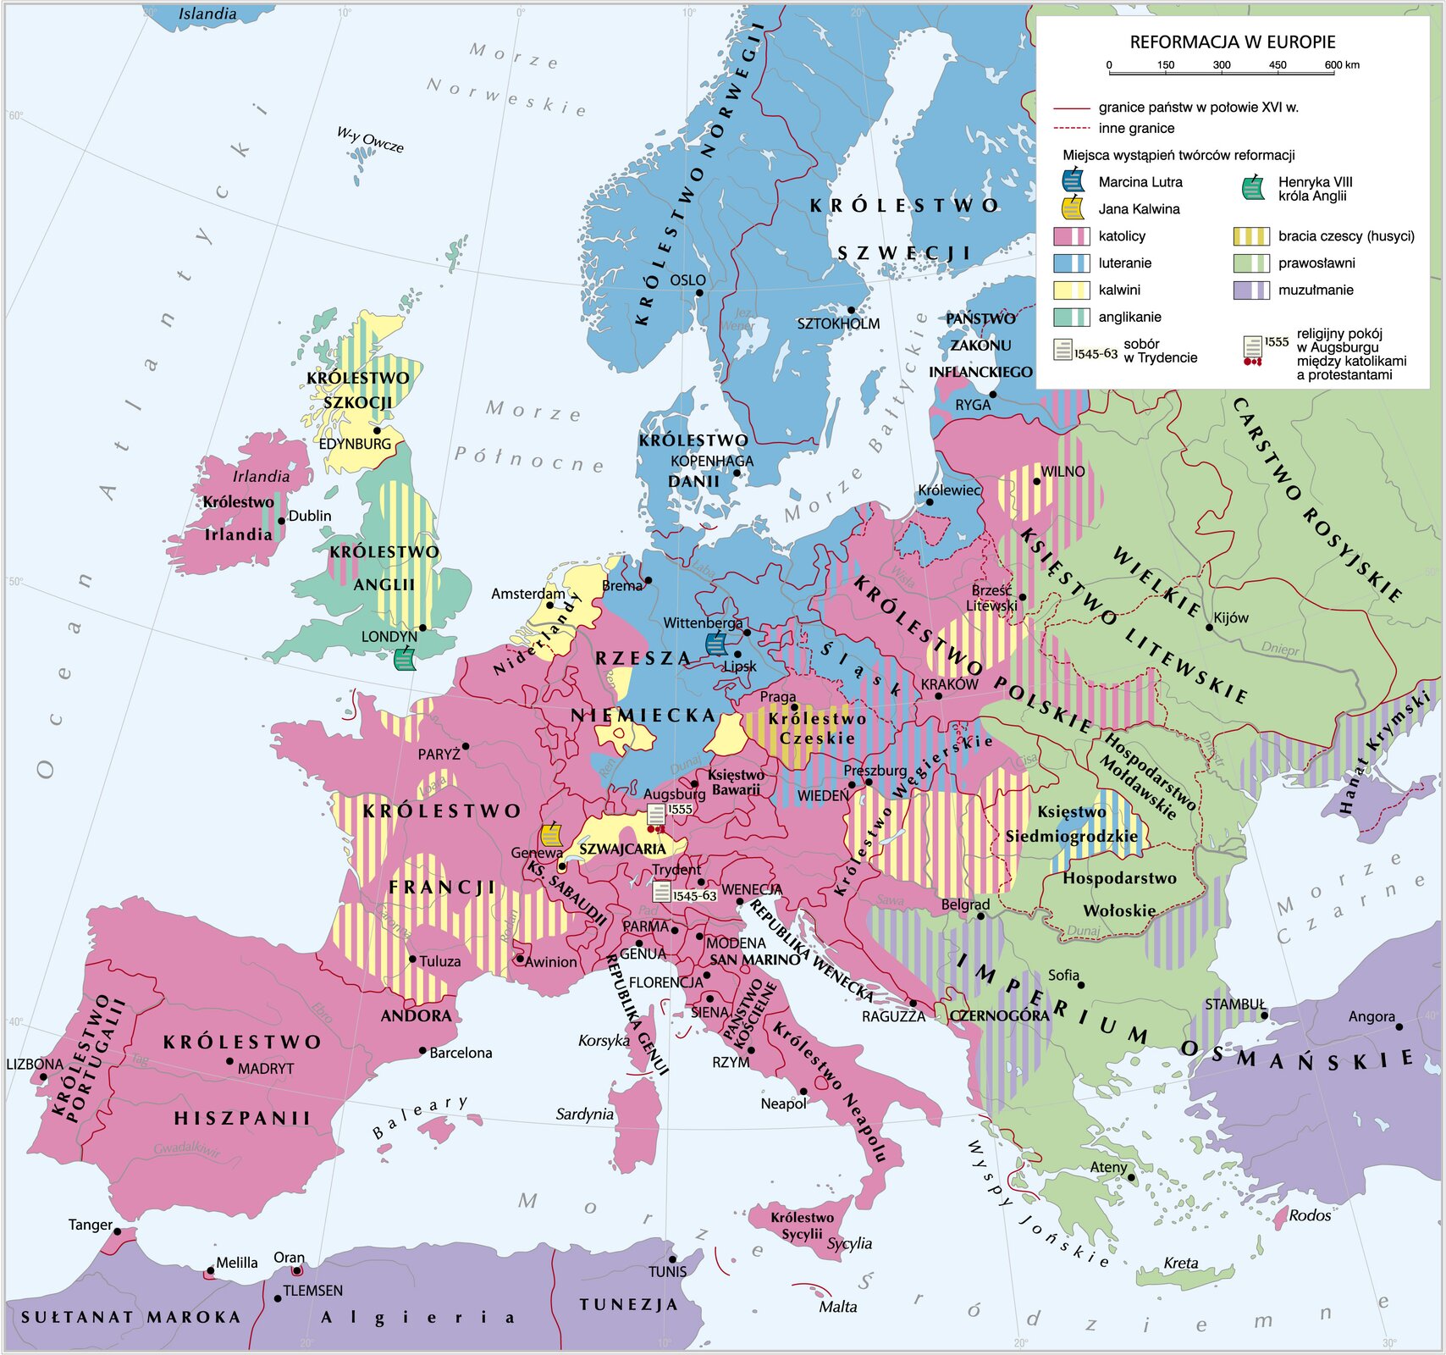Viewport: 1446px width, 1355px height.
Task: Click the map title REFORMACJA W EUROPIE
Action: click(x=1232, y=41)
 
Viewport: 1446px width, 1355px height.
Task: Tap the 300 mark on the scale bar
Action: click(x=1221, y=68)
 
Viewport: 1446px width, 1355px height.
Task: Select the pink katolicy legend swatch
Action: click(x=1071, y=236)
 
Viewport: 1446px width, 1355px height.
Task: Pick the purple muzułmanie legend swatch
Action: click(x=1250, y=290)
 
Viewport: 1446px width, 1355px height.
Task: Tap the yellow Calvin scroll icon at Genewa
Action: click(x=551, y=835)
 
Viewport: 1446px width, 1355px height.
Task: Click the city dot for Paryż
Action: click(x=466, y=746)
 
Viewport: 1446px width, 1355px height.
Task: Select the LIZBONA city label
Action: click(x=34, y=1065)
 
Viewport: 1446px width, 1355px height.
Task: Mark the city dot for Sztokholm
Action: click(x=852, y=310)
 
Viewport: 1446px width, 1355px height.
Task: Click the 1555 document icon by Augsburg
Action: click(x=657, y=816)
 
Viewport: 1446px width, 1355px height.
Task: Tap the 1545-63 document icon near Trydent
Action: click(x=661, y=893)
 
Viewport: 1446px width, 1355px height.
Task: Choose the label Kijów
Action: click(x=1231, y=617)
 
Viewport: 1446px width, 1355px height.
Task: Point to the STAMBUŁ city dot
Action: click(x=1263, y=1015)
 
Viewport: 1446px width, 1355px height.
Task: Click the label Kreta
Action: click(x=1181, y=1263)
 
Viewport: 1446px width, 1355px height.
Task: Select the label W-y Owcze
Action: click(x=370, y=139)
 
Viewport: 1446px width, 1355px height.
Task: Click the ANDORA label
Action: click(x=416, y=1015)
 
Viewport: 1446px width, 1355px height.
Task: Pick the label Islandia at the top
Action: click(x=207, y=14)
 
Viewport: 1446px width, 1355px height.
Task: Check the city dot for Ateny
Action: click(x=1132, y=1177)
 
